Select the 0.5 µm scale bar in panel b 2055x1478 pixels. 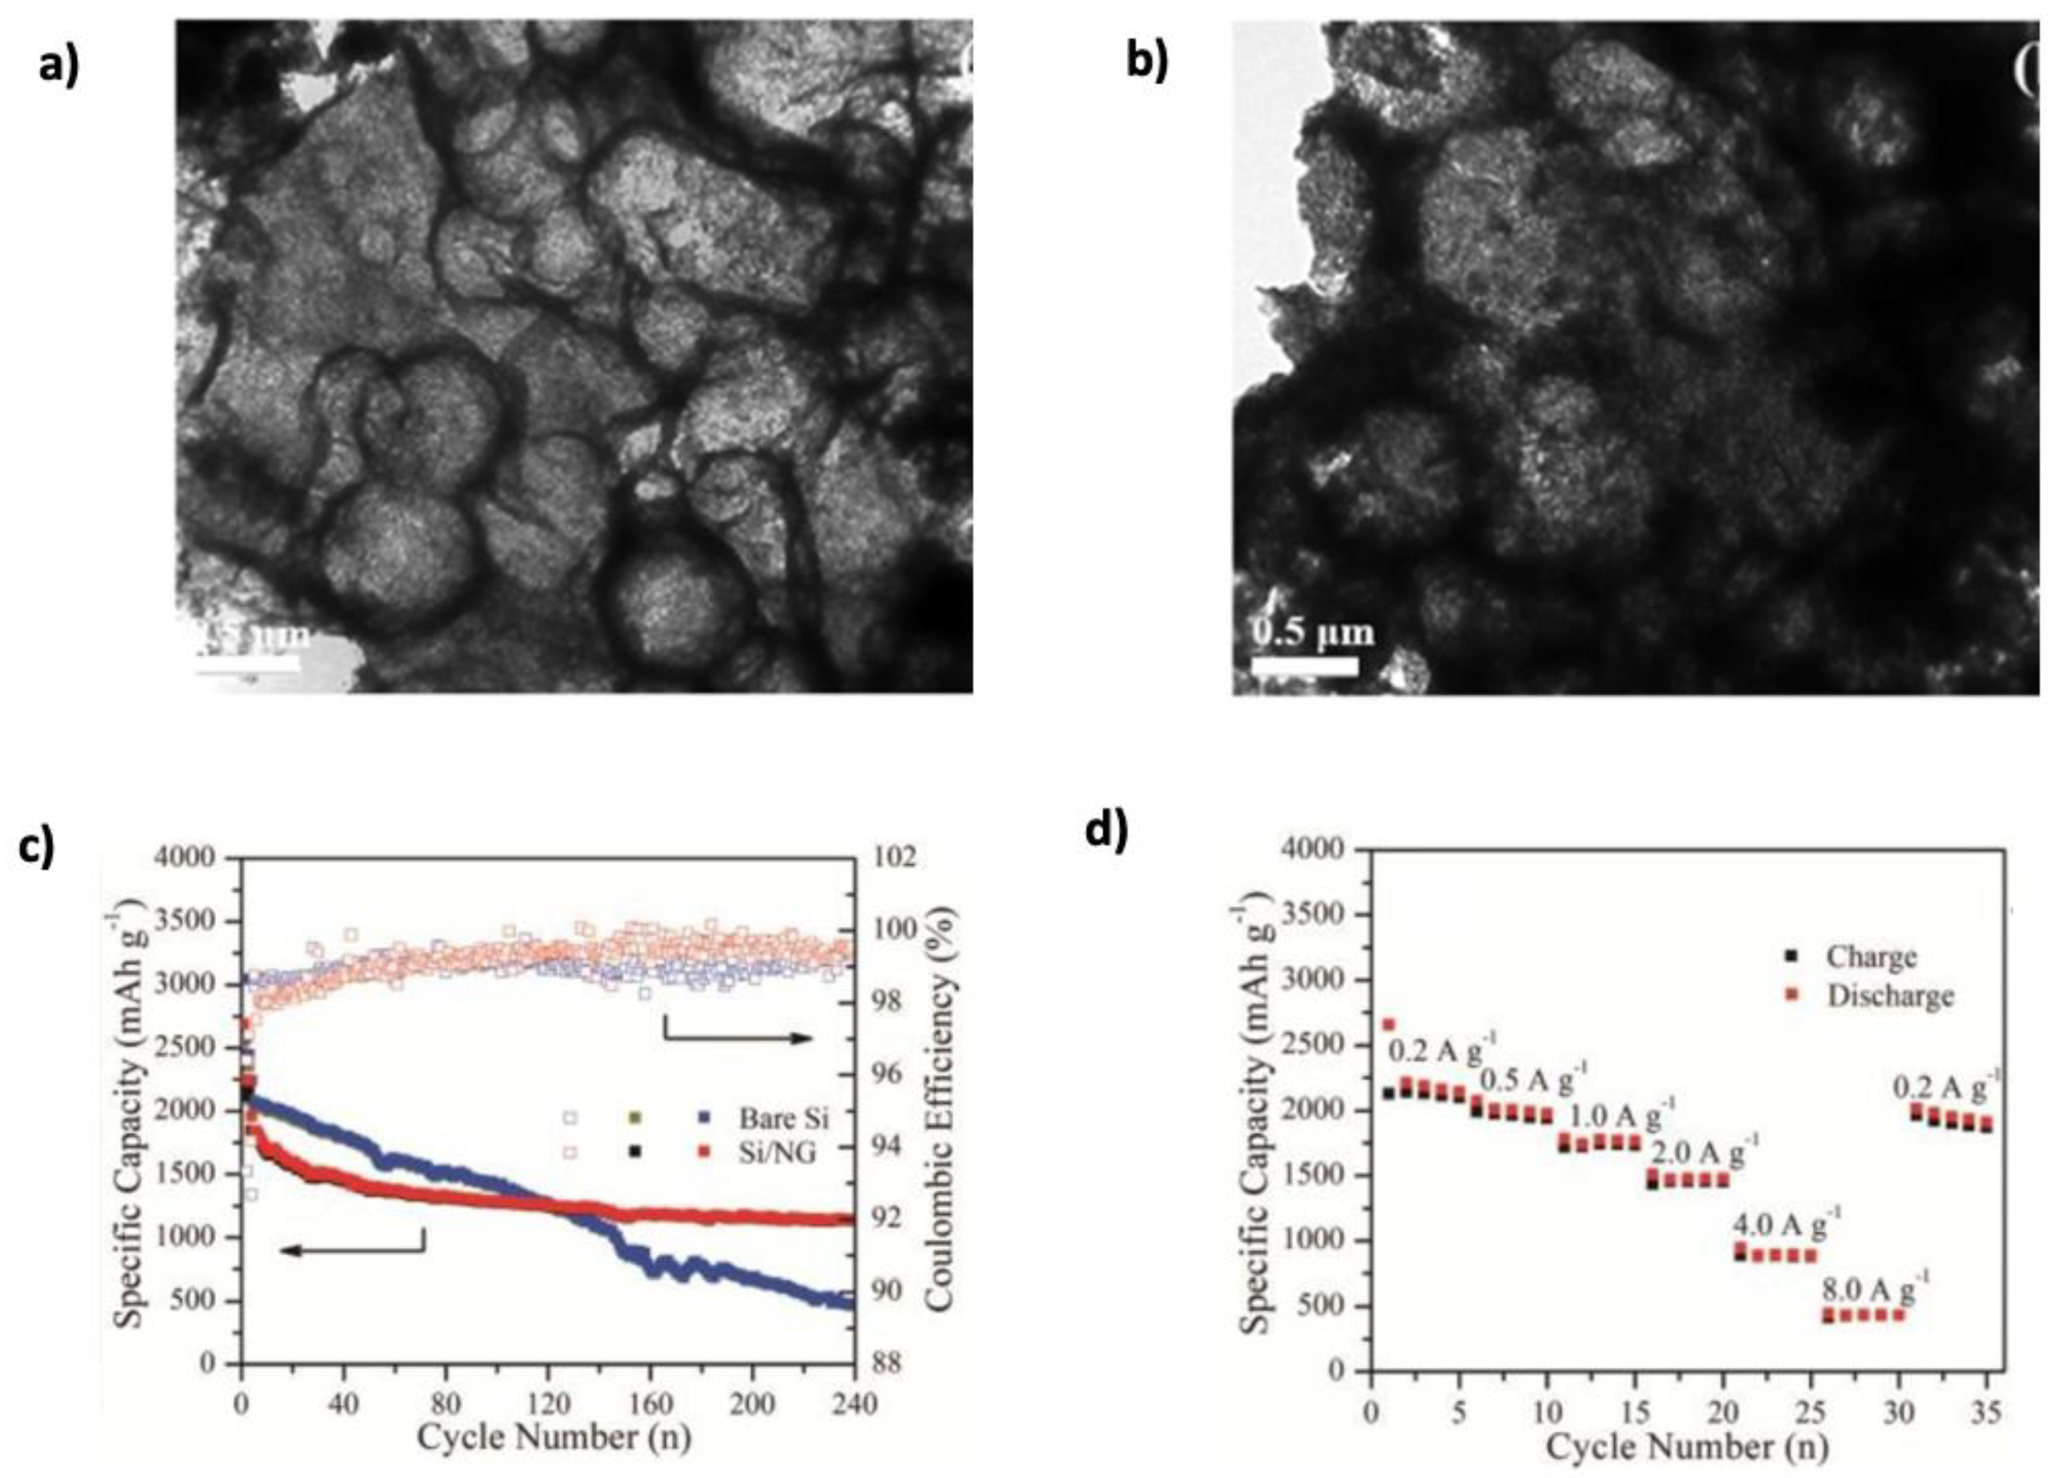pos(1305,665)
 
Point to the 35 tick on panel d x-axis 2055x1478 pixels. pos(1988,1410)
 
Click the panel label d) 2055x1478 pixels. pos(1107,832)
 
